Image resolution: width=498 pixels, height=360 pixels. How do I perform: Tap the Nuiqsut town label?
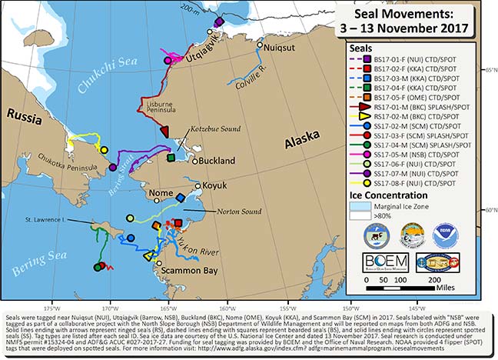coord(281,46)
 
